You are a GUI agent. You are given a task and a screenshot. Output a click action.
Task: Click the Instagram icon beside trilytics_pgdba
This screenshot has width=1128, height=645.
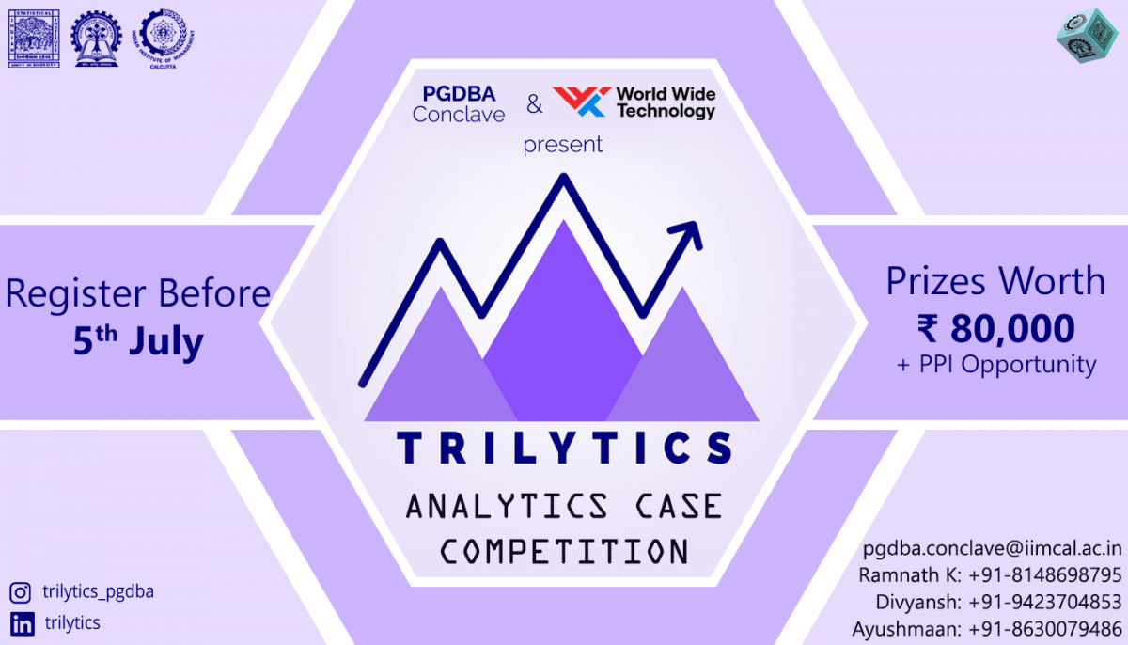click(x=21, y=592)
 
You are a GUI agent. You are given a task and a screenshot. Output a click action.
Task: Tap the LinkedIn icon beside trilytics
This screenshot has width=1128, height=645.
click(x=21, y=622)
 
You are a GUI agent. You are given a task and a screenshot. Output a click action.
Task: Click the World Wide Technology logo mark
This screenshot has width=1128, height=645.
click(x=580, y=102)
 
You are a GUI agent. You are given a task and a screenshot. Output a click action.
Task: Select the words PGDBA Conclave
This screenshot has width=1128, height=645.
click(x=459, y=103)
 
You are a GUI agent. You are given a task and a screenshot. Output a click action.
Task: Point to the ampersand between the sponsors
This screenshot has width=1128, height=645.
click(x=534, y=104)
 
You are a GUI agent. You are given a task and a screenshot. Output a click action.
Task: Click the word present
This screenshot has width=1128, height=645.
click(x=563, y=145)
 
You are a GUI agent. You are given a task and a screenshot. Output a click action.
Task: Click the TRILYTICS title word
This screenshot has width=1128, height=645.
click(x=563, y=448)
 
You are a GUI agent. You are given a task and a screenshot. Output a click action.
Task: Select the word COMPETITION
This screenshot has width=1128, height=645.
click(x=563, y=551)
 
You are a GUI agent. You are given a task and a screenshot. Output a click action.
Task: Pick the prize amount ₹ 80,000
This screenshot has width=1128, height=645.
click(x=995, y=328)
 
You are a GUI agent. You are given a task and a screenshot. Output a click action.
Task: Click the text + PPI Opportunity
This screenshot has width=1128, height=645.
click(x=995, y=365)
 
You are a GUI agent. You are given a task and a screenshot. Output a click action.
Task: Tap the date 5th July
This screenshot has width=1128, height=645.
click(x=138, y=341)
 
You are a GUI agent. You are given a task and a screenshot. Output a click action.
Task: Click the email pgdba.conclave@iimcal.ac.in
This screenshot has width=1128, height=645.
click(x=992, y=547)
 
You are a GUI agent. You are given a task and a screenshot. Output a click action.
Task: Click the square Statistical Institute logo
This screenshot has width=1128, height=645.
click(x=31, y=38)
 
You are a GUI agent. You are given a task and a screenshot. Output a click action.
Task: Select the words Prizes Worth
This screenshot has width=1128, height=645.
click(x=995, y=281)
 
